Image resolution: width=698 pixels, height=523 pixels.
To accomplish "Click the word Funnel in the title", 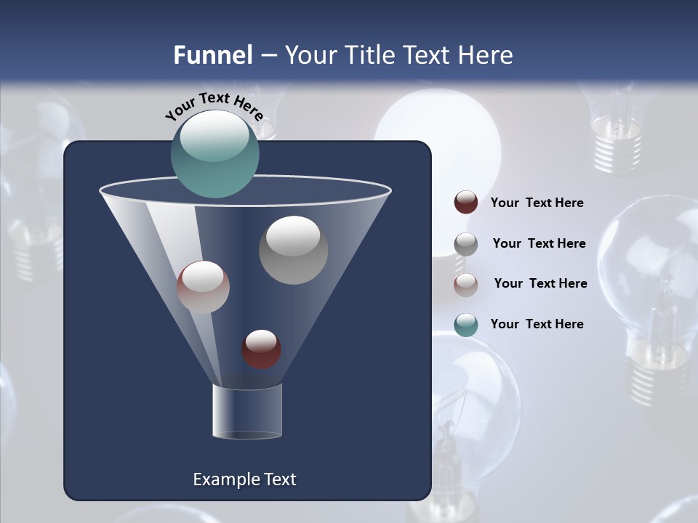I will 212,55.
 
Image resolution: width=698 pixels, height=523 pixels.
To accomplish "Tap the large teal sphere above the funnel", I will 214,153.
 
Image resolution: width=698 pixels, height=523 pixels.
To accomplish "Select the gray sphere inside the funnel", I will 293,249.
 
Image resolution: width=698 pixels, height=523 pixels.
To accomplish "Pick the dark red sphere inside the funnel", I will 261,349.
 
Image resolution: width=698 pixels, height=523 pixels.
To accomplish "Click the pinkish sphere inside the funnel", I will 203,286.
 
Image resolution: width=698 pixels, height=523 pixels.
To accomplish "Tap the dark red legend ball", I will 466,203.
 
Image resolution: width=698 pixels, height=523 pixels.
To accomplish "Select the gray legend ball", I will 466,244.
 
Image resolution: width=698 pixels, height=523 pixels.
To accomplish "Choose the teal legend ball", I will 466,325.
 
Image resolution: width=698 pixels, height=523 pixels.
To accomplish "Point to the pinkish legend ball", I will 466,284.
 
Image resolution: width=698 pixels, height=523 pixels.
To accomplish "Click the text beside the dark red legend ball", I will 537,203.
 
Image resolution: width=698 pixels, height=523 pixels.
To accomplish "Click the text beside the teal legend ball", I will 537,324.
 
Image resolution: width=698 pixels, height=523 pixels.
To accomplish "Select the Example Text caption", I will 244,479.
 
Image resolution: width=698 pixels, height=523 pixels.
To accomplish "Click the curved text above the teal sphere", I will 214,106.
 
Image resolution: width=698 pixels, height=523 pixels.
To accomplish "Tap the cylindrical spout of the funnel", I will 246,411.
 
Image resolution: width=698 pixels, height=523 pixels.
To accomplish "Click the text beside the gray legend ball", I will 539,243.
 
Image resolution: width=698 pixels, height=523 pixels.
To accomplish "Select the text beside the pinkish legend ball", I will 540,283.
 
